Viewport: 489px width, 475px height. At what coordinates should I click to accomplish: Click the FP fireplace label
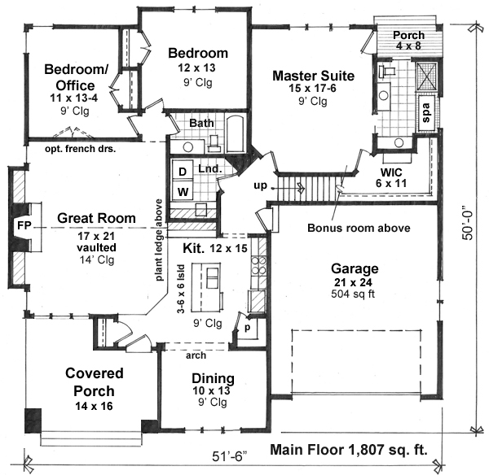click(24, 224)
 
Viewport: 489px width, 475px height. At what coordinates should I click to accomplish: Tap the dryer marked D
click(183, 171)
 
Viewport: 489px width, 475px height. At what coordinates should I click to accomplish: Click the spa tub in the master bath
click(426, 113)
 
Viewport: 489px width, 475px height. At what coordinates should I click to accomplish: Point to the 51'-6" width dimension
click(229, 456)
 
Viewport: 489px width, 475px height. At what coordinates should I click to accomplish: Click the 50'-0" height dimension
click(468, 223)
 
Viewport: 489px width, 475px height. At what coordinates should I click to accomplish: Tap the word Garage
click(355, 268)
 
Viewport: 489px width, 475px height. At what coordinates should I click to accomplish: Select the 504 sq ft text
click(353, 294)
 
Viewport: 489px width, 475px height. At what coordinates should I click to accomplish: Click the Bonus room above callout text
click(359, 228)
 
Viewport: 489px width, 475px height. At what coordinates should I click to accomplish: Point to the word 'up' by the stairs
click(261, 185)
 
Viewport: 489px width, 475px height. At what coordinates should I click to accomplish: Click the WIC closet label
click(391, 172)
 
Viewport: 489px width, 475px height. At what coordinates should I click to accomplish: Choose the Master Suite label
click(314, 76)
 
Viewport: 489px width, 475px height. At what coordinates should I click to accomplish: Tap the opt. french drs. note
click(80, 149)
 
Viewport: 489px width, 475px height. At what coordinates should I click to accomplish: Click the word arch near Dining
click(196, 355)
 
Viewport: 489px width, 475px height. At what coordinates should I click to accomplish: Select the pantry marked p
click(247, 328)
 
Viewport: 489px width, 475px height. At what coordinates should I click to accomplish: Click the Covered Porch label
click(95, 382)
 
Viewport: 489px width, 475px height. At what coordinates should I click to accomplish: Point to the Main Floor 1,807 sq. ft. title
click(349, 450)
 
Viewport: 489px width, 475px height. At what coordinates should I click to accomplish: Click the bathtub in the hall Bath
click(236, 134)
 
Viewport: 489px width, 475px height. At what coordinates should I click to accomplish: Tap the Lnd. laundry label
click(210, 169)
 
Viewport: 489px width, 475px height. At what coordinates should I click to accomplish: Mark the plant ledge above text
click(159, 240)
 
